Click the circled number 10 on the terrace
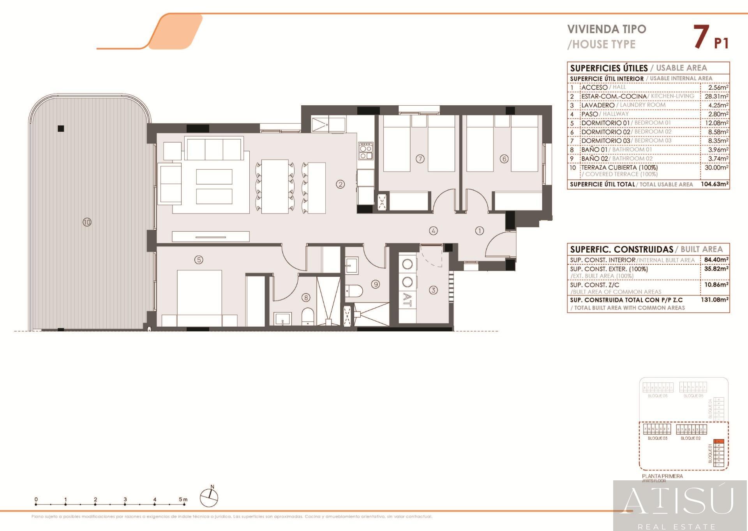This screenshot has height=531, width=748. pyautogui.click(x=87, y=222)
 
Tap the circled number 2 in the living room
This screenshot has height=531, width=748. pyautogui.click(x=340, y=184)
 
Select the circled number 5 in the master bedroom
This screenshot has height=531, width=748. pyautogui.click(x=199, y=260)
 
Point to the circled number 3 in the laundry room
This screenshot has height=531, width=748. pyautogui.click(x=433, y=290)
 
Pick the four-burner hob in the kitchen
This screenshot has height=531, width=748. pyautogui.click(x=366, y=151)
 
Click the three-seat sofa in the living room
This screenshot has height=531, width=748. pyautogui.click(x=213, y=149)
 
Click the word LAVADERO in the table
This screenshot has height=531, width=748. pyautogui.click(x=598, y=105)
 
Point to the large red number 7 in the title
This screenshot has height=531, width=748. pyautogui.click(x=701, y=37)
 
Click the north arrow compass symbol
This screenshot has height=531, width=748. pyautogui.click(x=209, y=497)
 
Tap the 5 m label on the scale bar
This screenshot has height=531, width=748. pyautogui.click(x=183, y=499)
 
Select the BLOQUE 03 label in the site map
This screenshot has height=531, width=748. pyautogui.click(x=657, y=438)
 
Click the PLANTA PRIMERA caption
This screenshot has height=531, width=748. pyautogui.click(x=662, y=476)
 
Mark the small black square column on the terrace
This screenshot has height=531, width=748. pyautogui.click(x=61, y=129)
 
